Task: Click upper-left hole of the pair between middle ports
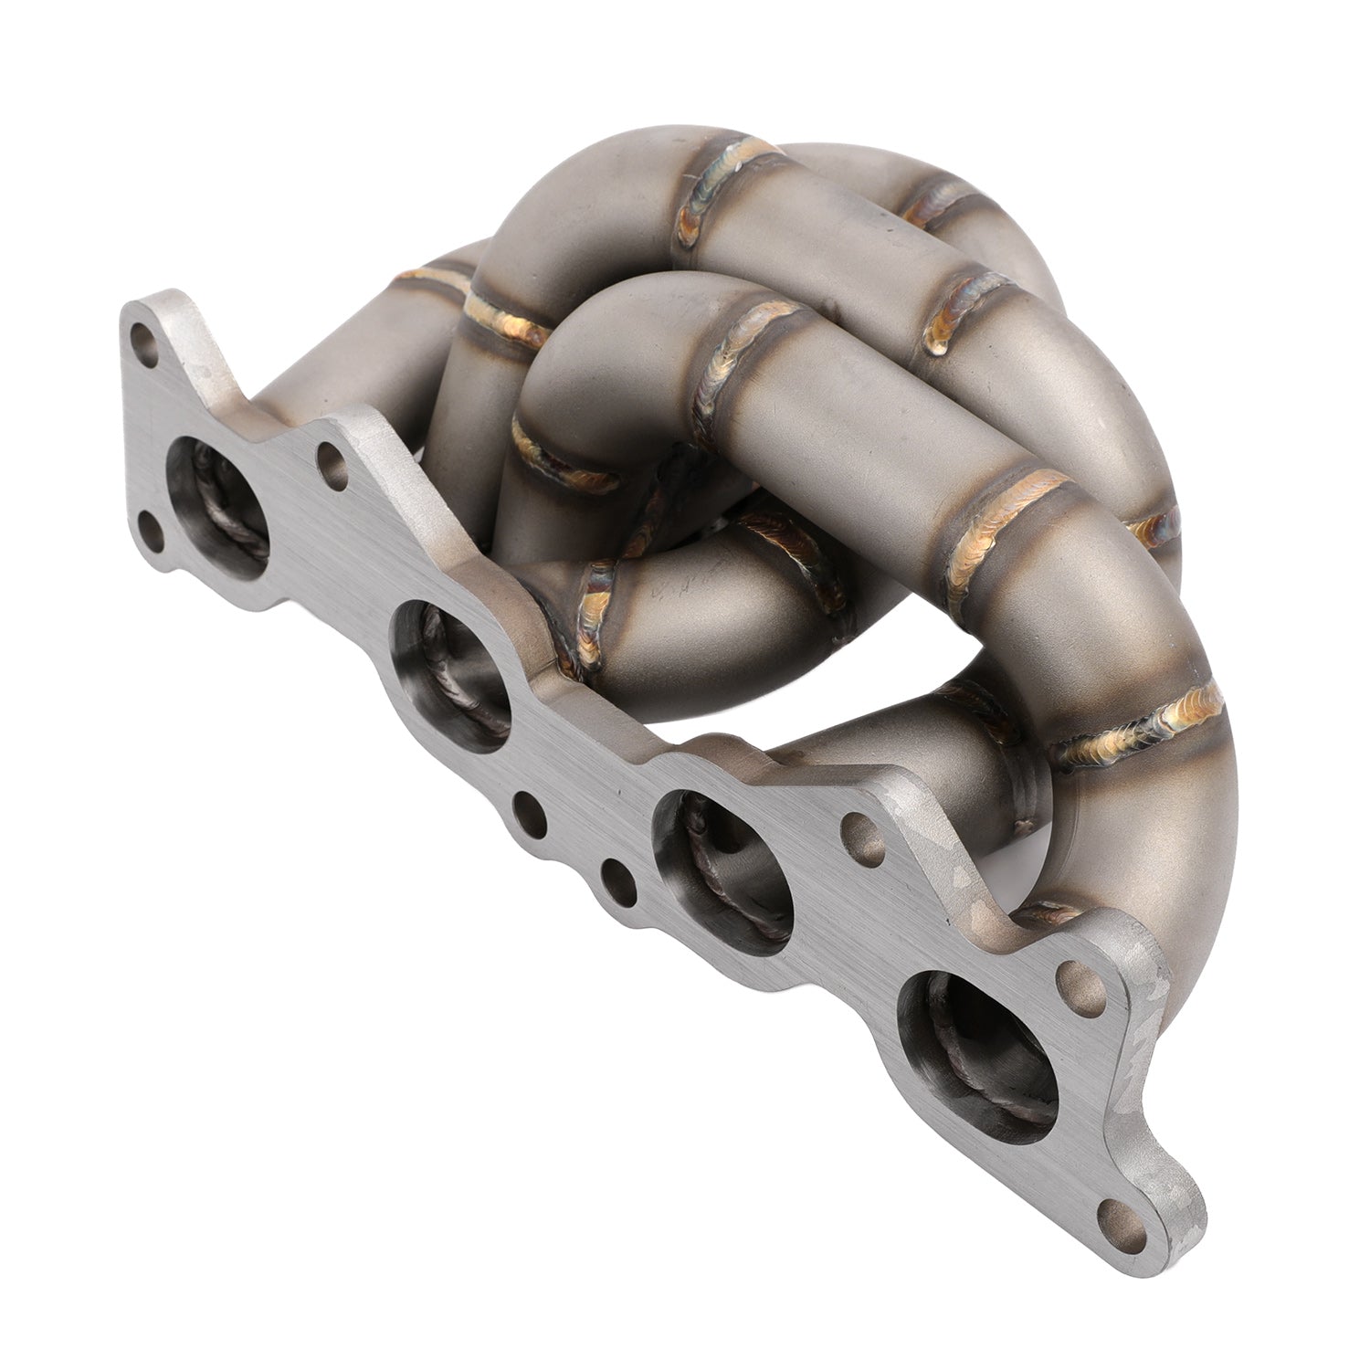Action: [527, 807]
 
